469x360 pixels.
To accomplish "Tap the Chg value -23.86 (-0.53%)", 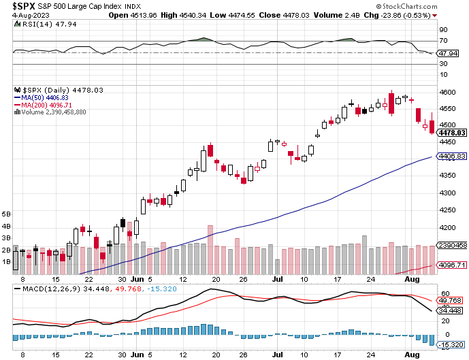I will coord(430,15).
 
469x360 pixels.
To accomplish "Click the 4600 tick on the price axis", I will coord(447,92).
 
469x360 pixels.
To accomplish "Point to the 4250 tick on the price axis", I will coord(447,210).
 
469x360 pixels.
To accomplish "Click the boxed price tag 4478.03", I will coord(451,133).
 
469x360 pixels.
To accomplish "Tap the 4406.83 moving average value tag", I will coord(451,157).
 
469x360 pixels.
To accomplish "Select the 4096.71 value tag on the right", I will coord(451,265).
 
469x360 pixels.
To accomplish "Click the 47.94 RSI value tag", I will coord(447,52).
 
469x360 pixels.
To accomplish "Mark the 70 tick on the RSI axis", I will coord(442,42).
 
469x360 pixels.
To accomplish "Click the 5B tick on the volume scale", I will coord(6,213).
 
